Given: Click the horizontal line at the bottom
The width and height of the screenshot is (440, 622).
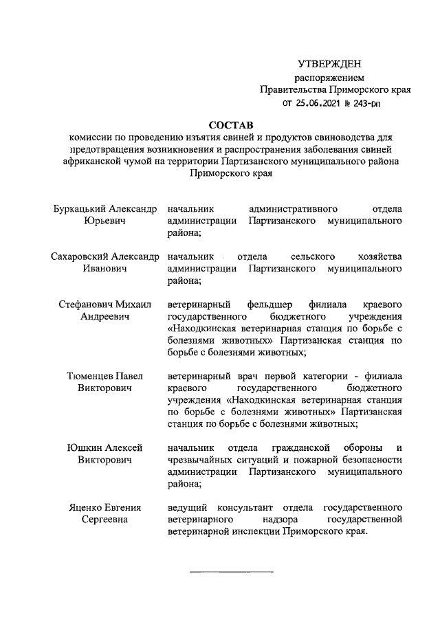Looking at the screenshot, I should (x=231, y=572).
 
